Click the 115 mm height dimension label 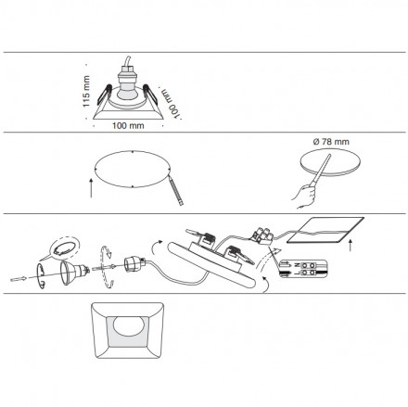pos(86,92)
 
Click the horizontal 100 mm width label pos(128,125)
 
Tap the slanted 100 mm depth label pos(171,103)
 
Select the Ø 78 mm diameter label pos(331,142)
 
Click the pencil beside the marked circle pos(176,191)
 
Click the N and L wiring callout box pos(302,269)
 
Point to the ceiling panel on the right pos(325,230)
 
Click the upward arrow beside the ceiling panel pos(351,245)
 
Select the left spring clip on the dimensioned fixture pos(103,95)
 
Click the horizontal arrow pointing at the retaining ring pos(19,279)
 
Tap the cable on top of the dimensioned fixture pos(128,60)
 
